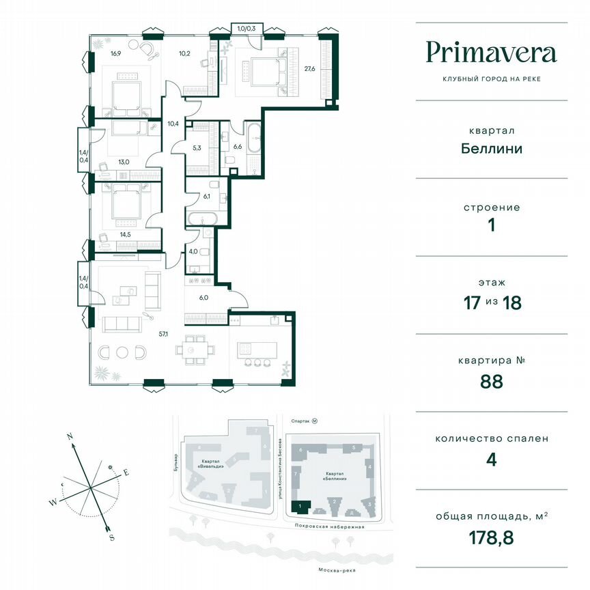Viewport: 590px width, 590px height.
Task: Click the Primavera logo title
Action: click(491, 53)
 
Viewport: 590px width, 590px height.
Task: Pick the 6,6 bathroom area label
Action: click(238, 146)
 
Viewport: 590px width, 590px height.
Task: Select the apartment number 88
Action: click(490, 381)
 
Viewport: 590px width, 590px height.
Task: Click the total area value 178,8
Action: click(490, 537)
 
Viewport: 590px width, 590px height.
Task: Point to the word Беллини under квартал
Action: click(490, 148)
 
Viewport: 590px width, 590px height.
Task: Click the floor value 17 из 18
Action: click(490, 303)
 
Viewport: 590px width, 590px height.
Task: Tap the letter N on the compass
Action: click(70, 436)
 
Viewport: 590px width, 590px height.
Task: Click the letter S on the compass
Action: click(111, 537)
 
